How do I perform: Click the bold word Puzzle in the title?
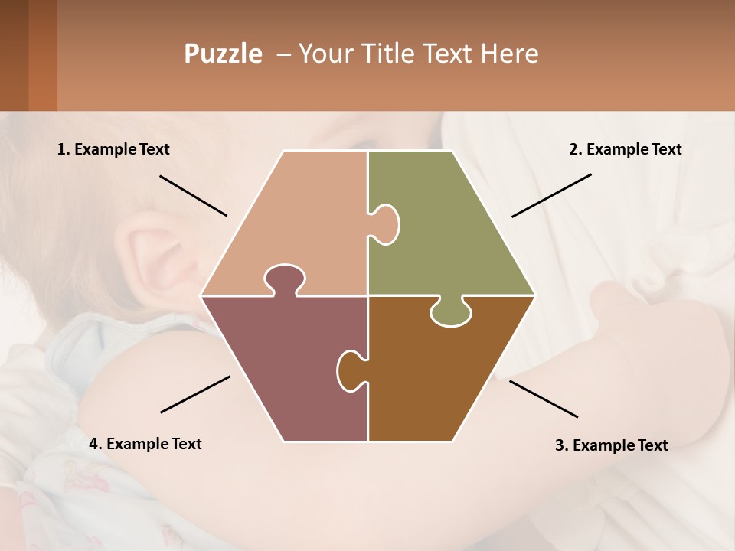coord(223,54)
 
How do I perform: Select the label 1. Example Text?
coord(113,149)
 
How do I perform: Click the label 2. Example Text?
coord(625,149)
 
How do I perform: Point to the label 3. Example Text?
coord(611,445)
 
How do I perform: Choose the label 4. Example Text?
coord(145,444)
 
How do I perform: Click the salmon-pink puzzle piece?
coord(299,222)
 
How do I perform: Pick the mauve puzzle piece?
coord(283,367)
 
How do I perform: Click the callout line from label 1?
coord(193,195)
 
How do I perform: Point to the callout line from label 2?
coord(551,195)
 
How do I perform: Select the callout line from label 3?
coord(544,399)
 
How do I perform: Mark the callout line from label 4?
coord(195,394)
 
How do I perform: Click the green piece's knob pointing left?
coord(385,223)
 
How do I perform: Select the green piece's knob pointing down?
coord(451,312)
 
